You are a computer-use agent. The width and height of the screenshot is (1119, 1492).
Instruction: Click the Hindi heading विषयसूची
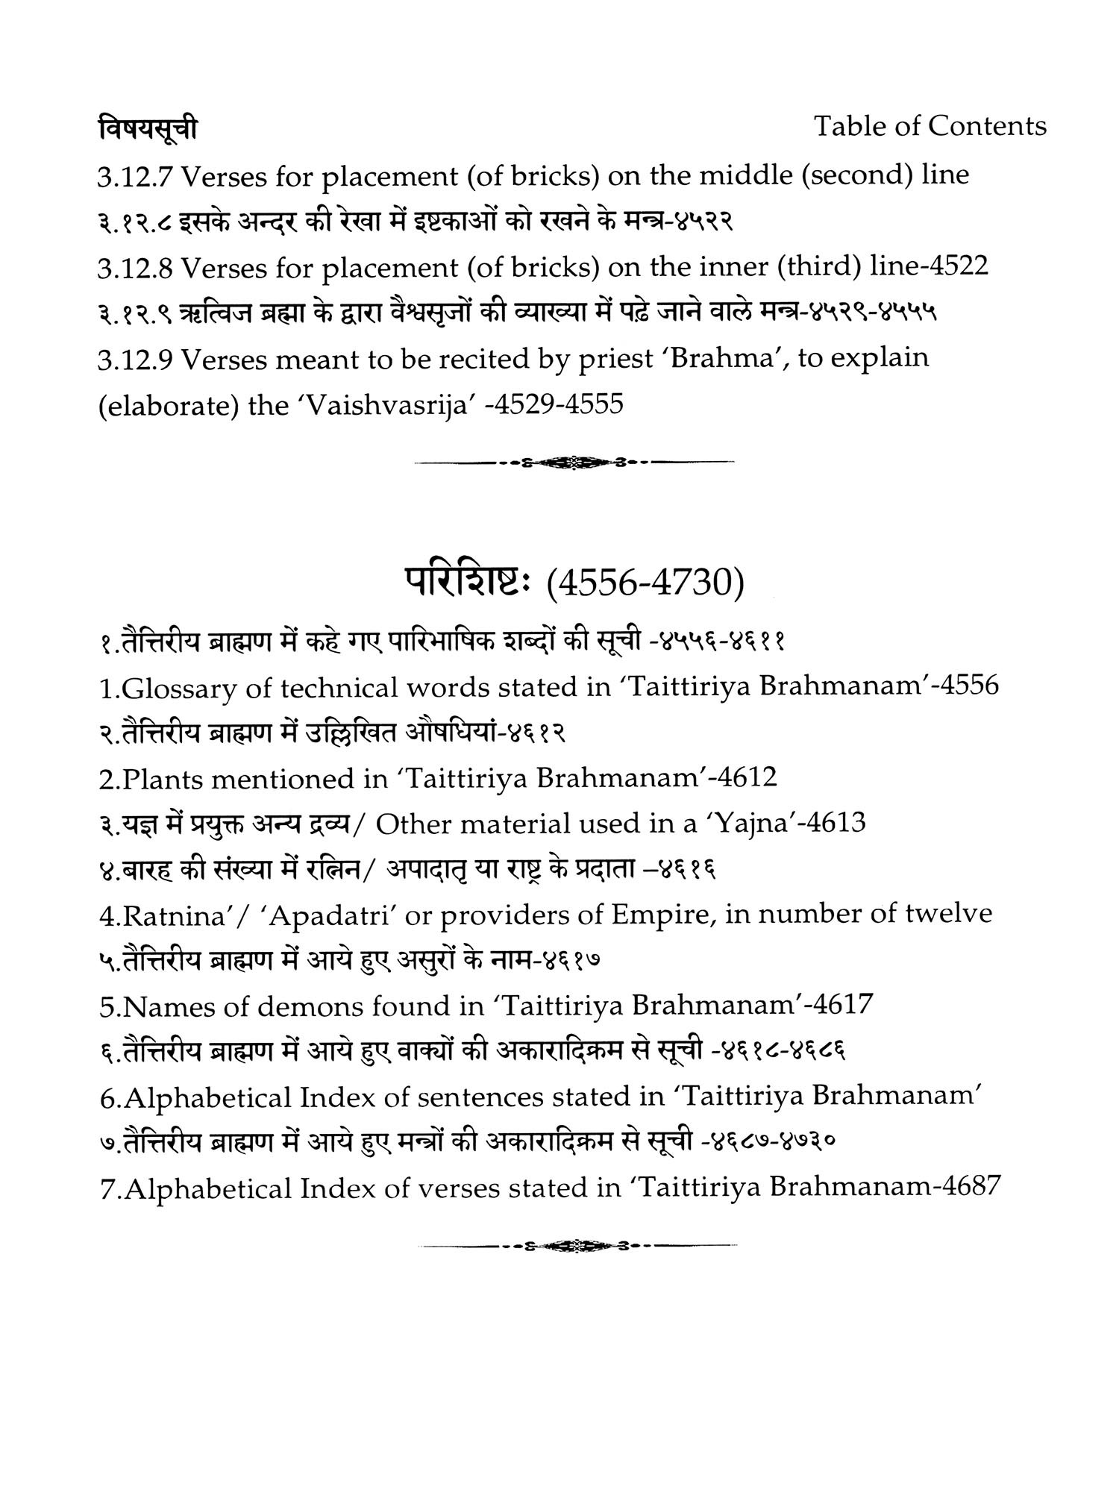pos(148,129)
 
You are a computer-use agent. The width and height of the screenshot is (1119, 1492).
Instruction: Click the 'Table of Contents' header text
pos(930,126)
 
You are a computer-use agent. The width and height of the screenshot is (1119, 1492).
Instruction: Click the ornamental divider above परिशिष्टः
pos(574,463)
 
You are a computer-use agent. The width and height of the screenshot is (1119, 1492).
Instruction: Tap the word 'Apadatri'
pos(333,915)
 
